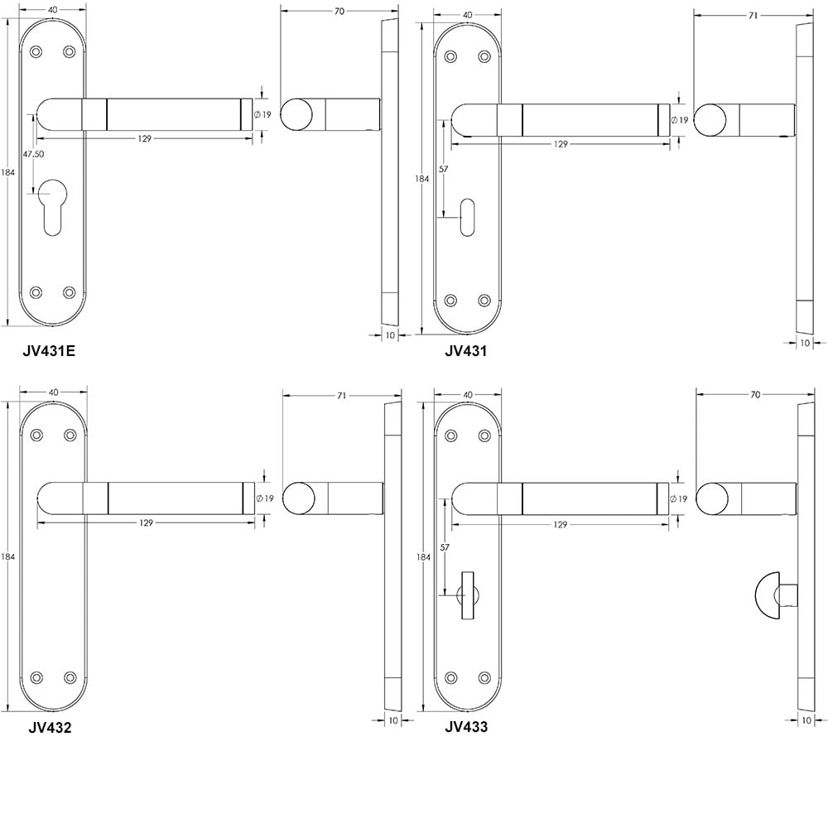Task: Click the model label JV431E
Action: pyautogui.click(x=49, y=350)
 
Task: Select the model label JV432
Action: pyautogui.click(x=49, y=729)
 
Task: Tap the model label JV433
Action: pyautogui.click(x=466, y=728)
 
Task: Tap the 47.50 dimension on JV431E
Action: pyautogui.click(x=33, y=154)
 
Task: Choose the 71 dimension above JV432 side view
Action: pyautogui.click(x=342, y=397)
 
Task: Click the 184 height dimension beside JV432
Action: pyautogui.click(x=8, y=556)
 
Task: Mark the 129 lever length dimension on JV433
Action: pyautogui.click(x=561, y=524)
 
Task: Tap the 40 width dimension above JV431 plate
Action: pyautogui.click(x=467, y=15)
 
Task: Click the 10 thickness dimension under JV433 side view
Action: pyautogui.click(x=808, y=720)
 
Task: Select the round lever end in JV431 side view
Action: pyautogui.click(x=710, y=120)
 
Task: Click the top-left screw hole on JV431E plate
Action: pyautogui.click(x=36, y=52)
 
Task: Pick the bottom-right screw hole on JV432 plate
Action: pyautogui.click(x=70, y=676)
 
